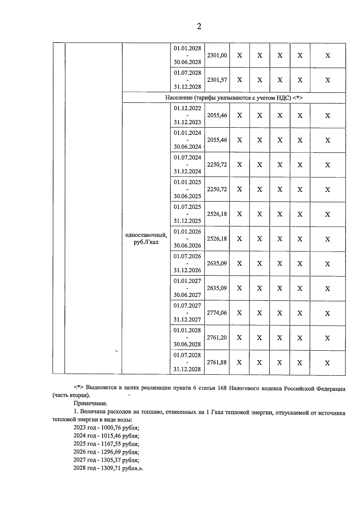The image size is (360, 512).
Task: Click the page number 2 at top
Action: (x=199, y=26)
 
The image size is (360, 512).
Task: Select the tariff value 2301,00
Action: (x=217, y=56)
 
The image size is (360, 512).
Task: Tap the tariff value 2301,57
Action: (x=217, y=80)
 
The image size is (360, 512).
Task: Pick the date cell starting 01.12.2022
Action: (x=187, y=115)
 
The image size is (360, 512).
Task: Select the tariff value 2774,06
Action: (x=217, y=313)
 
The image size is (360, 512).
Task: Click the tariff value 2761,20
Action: (x=217, y=338)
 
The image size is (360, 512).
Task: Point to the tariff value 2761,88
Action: (x=217, y=362)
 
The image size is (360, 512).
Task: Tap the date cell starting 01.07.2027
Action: (x=187, y=313)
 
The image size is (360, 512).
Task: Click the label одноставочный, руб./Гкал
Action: (x=146, y=239)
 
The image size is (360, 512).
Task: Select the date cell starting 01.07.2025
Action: (x=187, y=214)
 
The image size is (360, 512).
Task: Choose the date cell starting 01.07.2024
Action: (x=187, y=164)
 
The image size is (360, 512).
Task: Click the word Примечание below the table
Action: (x=90, y=403)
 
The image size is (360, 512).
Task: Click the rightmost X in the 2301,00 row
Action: (x=328, y=56)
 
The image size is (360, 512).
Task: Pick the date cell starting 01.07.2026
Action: (x=187, y=263)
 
